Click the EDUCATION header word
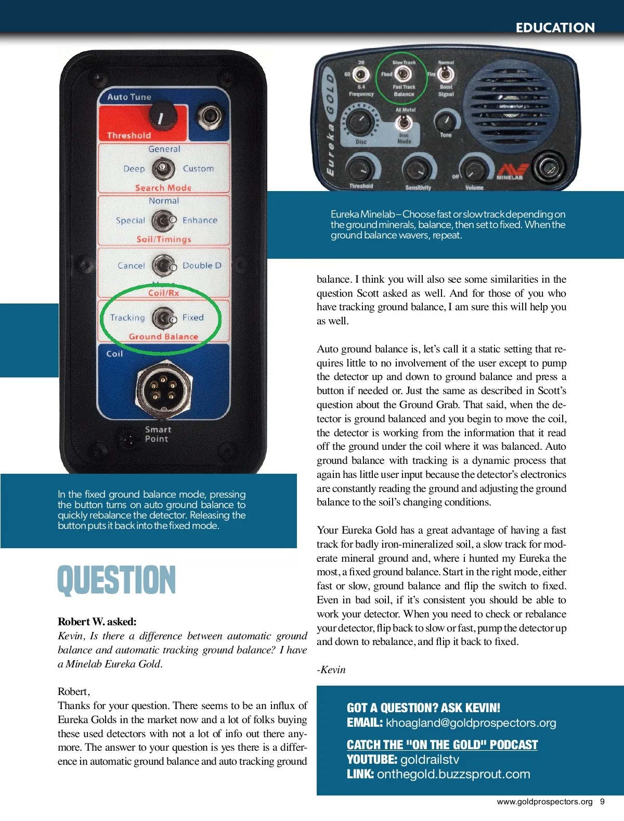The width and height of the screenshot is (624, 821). point(555,28)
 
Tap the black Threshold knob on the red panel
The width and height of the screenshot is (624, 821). point(160,116)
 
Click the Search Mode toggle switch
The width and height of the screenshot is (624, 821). point(163,168)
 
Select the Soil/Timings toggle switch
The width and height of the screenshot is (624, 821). point(163,221)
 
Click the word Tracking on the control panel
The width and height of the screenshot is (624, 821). point(127,318)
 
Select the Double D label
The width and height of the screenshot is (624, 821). point(202,266)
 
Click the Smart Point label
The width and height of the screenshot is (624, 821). point(158,434)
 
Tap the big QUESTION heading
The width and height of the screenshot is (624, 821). point(116,580)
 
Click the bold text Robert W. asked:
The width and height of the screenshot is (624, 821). point(97,622)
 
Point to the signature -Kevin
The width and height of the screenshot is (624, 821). point(331,670)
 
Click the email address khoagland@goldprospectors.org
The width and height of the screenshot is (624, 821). point(471,723)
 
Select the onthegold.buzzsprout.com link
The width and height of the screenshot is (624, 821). point(453,774)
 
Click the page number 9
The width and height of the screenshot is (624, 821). point(602,802)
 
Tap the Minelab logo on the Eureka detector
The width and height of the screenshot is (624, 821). point(511,172)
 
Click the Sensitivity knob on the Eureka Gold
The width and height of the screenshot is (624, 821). point(417,168)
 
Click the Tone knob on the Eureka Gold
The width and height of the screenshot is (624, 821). point(445,122)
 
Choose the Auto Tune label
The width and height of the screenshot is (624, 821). point(129,97)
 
